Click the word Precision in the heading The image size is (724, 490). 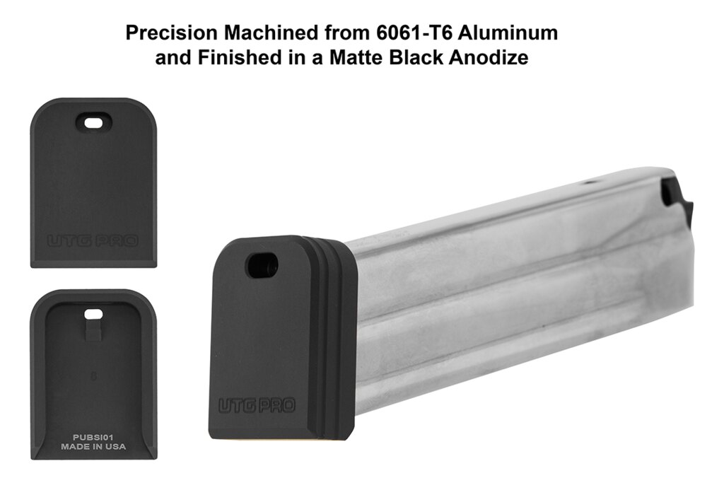click(171, 33)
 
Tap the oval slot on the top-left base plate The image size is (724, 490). click(94, 123)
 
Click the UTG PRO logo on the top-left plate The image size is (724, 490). click(93, 240)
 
